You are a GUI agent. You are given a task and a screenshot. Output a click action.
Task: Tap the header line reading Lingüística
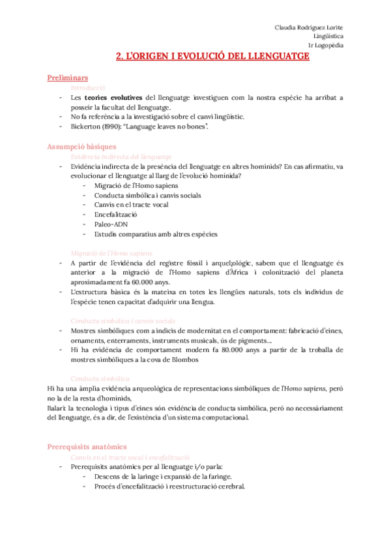[328, 36]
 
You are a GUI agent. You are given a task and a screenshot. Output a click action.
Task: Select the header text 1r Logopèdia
[326, 45]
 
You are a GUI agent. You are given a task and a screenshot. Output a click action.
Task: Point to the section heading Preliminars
[68, 78]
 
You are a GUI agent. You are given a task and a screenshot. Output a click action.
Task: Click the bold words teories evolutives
[113, 97]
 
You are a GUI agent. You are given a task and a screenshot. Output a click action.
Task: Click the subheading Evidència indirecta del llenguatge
[121, 157]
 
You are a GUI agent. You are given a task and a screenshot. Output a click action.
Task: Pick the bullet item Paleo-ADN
[111, 224]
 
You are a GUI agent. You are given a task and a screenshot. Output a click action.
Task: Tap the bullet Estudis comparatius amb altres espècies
[156, 233]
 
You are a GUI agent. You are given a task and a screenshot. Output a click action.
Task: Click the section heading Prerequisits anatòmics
[87, 447]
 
